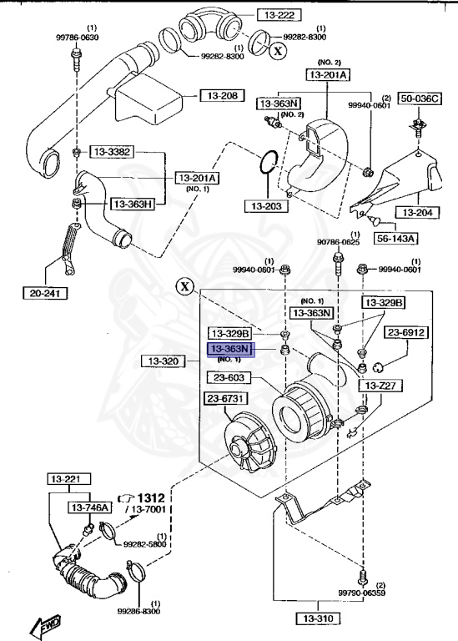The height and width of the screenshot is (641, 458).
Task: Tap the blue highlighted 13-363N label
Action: coord(230,349)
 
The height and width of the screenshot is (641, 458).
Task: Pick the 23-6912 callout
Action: coord(406,332)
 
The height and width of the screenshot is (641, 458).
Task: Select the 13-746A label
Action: coord(92,507)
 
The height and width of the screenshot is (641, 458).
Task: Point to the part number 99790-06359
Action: coord(361,592)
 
